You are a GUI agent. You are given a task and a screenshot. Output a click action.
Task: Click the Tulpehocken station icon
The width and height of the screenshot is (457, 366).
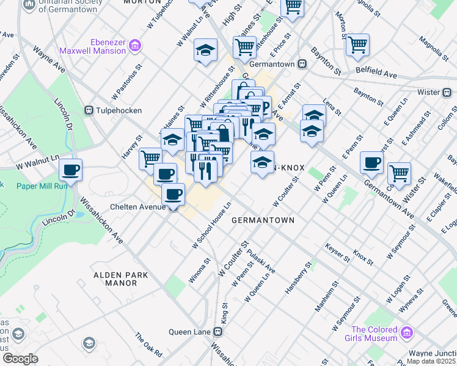point(89,110)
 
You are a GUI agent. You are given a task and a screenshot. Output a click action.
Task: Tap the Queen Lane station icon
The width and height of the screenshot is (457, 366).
point(218,332)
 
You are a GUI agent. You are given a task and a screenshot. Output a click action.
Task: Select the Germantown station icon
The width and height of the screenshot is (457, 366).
point(302,64)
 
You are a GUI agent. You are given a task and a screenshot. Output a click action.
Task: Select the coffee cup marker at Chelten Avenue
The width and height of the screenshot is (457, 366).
point(173,194)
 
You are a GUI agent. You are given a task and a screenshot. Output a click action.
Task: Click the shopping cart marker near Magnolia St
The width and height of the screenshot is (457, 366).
point(357,44)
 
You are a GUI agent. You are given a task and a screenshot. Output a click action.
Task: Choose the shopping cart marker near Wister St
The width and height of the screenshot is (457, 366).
point(399,173)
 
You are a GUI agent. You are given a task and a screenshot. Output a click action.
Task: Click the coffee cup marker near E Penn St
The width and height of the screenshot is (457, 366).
point(371,162)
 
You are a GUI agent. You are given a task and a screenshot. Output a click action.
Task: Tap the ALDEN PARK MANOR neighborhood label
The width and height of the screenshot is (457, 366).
point(121,279)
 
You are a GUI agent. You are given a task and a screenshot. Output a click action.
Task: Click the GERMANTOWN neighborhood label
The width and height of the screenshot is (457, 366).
point(263,220)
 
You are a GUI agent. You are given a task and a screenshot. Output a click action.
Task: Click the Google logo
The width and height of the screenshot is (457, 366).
point(20,359)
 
